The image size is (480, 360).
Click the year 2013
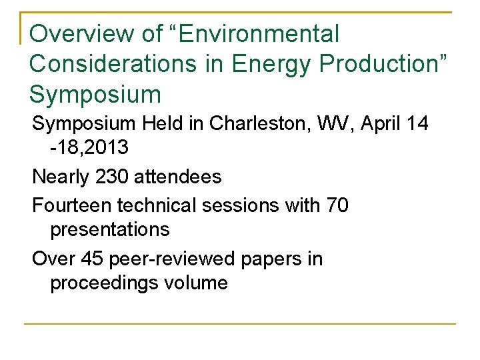coord(105,148)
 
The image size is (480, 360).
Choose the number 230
coord(113,177)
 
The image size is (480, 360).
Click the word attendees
coord(178,177)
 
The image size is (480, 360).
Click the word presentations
coord(110,230)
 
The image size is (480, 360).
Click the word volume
coord(198,283)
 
